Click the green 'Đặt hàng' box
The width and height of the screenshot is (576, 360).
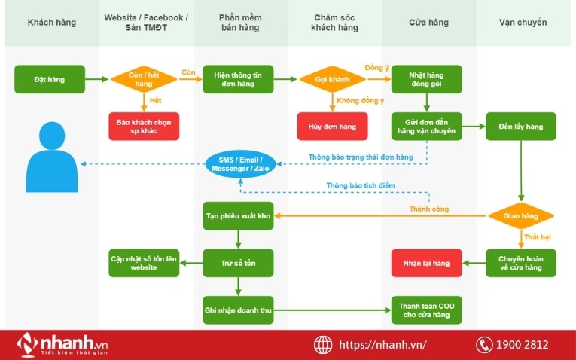pos(50,79)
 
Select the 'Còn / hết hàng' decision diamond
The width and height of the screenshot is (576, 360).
pos(145,79)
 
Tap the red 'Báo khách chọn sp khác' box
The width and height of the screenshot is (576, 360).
pos(145,126)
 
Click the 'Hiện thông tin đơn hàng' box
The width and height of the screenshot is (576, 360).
pos(238,79)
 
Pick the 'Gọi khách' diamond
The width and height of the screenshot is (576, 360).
pos(332,79)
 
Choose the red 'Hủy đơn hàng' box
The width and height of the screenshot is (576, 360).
pos(332,126)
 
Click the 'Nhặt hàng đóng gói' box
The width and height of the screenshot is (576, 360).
pos(427,79)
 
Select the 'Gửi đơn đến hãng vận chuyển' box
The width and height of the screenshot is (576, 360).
pos(427,126)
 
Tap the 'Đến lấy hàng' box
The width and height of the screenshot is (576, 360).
pos(521,126)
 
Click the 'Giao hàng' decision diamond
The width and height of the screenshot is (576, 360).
pos(521,216)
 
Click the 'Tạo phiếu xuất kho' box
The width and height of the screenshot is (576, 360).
pos(238,216)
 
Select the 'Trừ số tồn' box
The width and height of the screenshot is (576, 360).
pos(238,263)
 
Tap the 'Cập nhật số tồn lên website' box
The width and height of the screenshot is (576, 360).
pos(145,263)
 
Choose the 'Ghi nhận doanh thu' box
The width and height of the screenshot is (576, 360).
pos(238,310)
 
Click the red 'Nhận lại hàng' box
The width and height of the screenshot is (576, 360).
pos(427,263)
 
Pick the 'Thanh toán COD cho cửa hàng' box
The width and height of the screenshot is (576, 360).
pos(427,310)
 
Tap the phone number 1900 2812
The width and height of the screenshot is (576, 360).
pos(522,345)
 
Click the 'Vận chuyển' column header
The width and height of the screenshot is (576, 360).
pos(523,23)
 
